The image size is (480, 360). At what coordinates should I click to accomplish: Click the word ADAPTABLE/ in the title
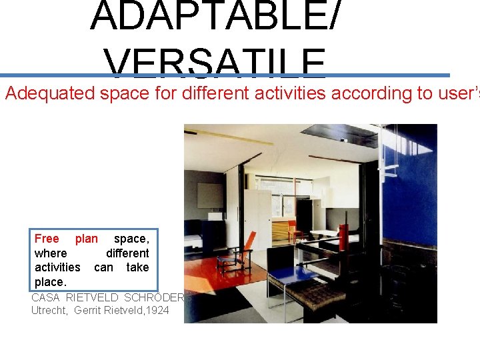pyautogui.click(x=217, y=16)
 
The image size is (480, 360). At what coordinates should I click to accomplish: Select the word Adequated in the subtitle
pyautogui.click(x=50, y=93)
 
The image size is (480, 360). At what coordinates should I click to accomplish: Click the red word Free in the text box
pyautogui.click(x=47, y=239)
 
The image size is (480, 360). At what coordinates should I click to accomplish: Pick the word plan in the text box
pyautogui.click(x=87, y=239)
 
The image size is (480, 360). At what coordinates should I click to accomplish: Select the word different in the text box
pyautogui.click(x=127, y=253)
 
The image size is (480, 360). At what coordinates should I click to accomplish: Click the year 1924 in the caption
pyautogui.click(x=157, y=310)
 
